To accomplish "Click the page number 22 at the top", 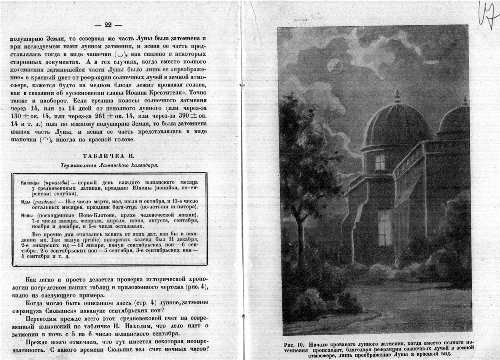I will (x=108, y=25).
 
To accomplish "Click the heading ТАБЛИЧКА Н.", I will (x=109, y=156).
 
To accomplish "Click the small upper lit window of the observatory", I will (x=380, y=162).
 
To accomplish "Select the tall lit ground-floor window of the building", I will (x=385, y=228).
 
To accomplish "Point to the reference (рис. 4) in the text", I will (x=198, y=286).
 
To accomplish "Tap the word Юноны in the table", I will (x=148, y=188).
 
